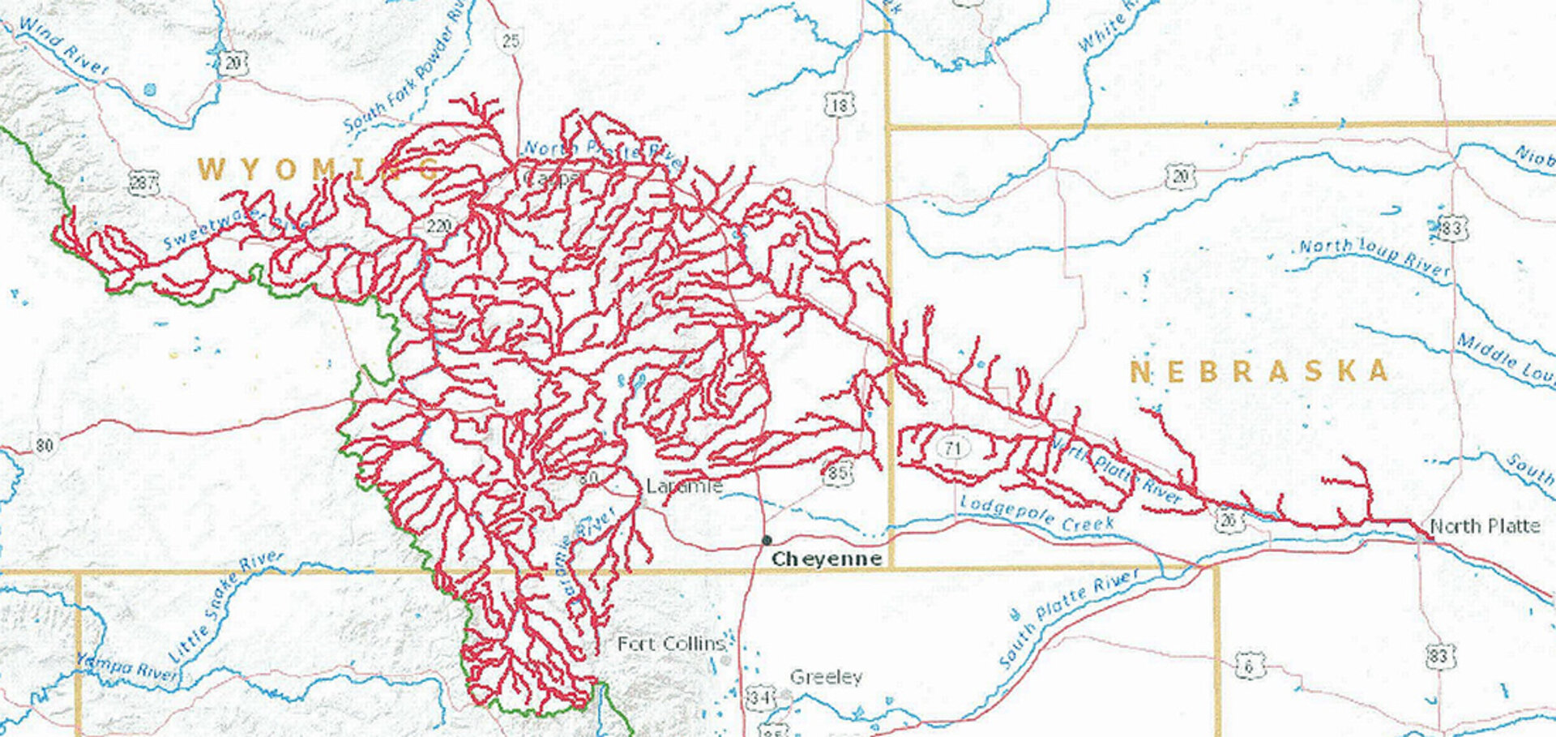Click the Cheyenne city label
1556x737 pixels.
click(x=826, y=559)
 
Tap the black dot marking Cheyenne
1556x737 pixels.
click(x=767, y=540)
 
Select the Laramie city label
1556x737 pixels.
click(x=684, y=486)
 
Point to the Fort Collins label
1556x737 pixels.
click(x=671, y=645)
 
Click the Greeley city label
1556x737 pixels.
click(x=826, y=677)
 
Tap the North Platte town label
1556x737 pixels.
click(x=1485, y=526)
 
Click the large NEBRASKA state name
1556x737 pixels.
click(x=1259, y=372)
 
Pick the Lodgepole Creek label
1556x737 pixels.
click(x=1037, y=515)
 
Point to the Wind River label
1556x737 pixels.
click(x=62, y=46)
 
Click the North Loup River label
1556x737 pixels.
click(x=1374, y=257)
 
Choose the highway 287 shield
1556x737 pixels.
click(x=143, y=183)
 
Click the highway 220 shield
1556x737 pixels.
click(x=438, y=225)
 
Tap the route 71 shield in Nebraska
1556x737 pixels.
click(x=952, y=448)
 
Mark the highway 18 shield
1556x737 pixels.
click(x=840, y=105)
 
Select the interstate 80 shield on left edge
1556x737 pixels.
click(x=44, y=444)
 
